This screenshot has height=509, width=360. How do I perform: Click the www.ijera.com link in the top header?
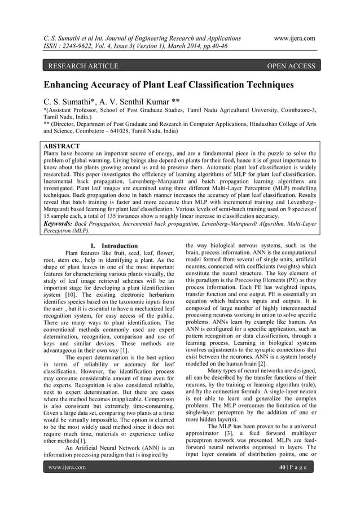click(x=294, y=38)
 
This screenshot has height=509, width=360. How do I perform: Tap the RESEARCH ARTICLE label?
click(x=83, y=67)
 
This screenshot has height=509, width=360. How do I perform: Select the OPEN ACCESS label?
click(x=291, y=67)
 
